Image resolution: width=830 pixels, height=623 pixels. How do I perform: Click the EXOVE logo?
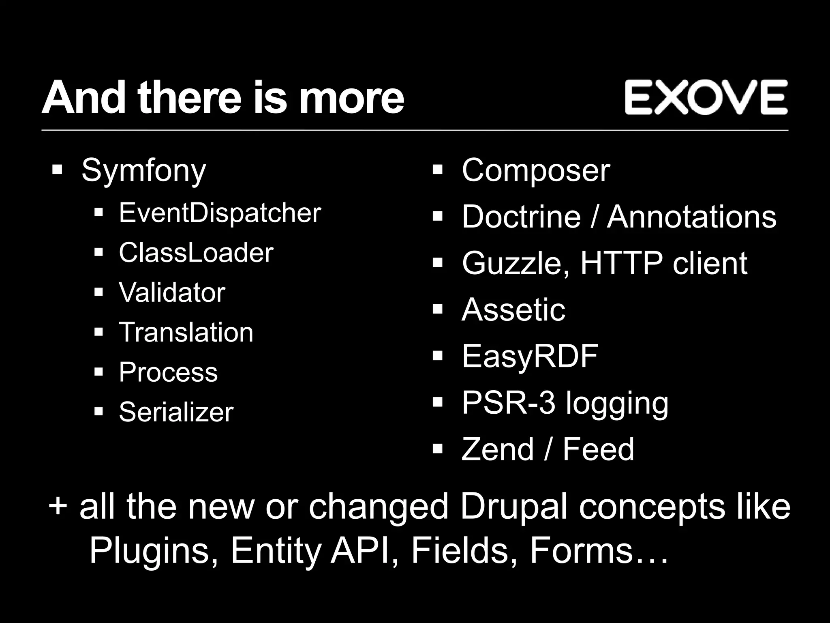coord(706,97)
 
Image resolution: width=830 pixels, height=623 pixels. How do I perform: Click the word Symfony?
coord(144,171)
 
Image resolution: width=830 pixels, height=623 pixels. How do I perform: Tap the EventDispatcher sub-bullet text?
coord(220,213)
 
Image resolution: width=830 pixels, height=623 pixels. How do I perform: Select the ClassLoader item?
coord(196,253)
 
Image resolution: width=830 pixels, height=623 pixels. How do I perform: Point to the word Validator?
coord(172,292)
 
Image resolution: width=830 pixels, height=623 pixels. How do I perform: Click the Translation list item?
coord(186,332)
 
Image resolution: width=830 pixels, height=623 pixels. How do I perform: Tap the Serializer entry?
coord(176,412)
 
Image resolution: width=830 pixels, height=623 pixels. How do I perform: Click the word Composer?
coord(536,170)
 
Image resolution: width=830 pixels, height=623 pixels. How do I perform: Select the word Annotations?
coord(691,217)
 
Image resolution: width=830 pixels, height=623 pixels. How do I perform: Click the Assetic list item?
coord(513,310)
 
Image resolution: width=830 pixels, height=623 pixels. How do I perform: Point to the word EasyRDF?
coord(530,356)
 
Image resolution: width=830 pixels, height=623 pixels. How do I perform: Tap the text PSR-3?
coord(508,403)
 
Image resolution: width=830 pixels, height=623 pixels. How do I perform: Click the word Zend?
coord(498,449)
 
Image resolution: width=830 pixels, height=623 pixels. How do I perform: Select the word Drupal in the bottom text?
coord(516,507)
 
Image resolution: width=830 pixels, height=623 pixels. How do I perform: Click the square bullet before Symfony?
coord(57,169)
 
